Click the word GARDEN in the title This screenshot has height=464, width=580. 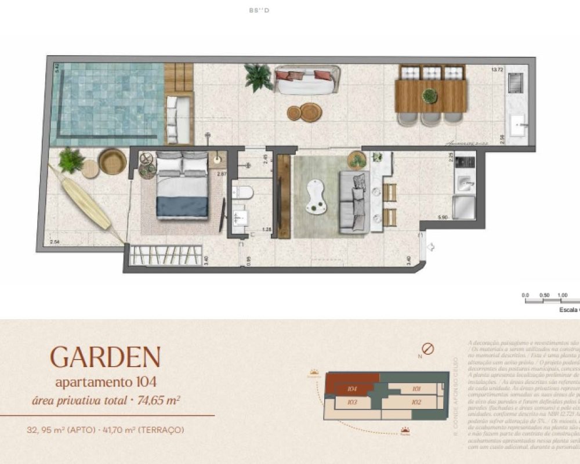(105, 357)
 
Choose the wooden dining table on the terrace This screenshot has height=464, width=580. (431, 96)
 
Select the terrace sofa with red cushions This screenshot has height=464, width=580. (307, 81)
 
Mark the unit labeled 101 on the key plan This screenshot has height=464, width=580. (415, 389)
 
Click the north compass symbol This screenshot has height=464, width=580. (428, 349)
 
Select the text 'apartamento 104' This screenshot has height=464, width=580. (106, 382)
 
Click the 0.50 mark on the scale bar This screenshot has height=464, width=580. (544, 295)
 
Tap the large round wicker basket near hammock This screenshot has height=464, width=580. (113, 161)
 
